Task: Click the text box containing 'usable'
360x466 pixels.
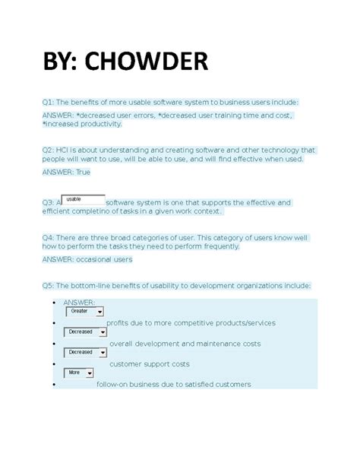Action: [82, 199]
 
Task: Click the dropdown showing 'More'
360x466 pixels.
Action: [79, 372]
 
